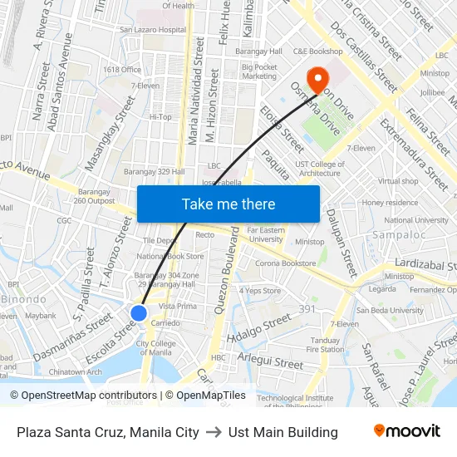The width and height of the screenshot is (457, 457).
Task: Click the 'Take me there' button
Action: (x=228, y=204)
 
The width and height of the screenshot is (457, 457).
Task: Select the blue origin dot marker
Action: (x=139, y=313)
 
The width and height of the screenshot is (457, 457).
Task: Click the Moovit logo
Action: (x=407, y=431)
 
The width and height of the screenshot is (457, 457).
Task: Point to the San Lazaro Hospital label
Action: (x=154, y=30)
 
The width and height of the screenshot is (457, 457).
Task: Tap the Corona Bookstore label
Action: (x=285, y=263)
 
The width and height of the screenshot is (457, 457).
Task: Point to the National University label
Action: (x=416, y=221)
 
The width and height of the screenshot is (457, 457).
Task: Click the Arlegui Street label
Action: (x=270, y=363)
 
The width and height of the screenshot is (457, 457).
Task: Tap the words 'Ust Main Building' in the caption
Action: (x=283, y=432)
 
